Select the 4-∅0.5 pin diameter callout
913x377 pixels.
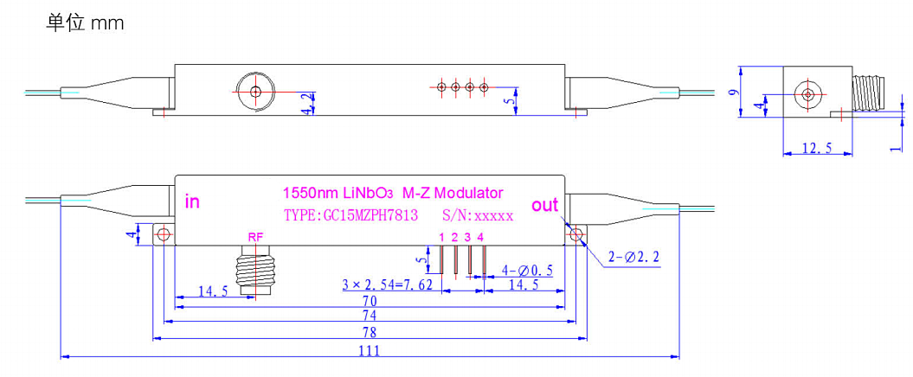pyautogui.click(x=527, y=270)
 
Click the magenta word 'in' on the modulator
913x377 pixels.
pyautogui.click(x=192, y=202)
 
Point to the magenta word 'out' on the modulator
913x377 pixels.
pyautogui.click(x=545, y=205)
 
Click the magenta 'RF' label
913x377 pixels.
pyautogui.click(x=256, y=238)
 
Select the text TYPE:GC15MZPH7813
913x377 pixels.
pyautogui.click(x=351, y=215)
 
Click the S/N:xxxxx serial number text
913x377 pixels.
pyautogui.click(x=478, y=215)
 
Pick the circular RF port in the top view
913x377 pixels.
pyautogui.click(x=255, y=92)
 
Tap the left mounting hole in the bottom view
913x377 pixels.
pyautogui.click(x=162, y=233)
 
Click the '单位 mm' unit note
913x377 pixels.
pyautogui.click(x=85, y=24)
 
